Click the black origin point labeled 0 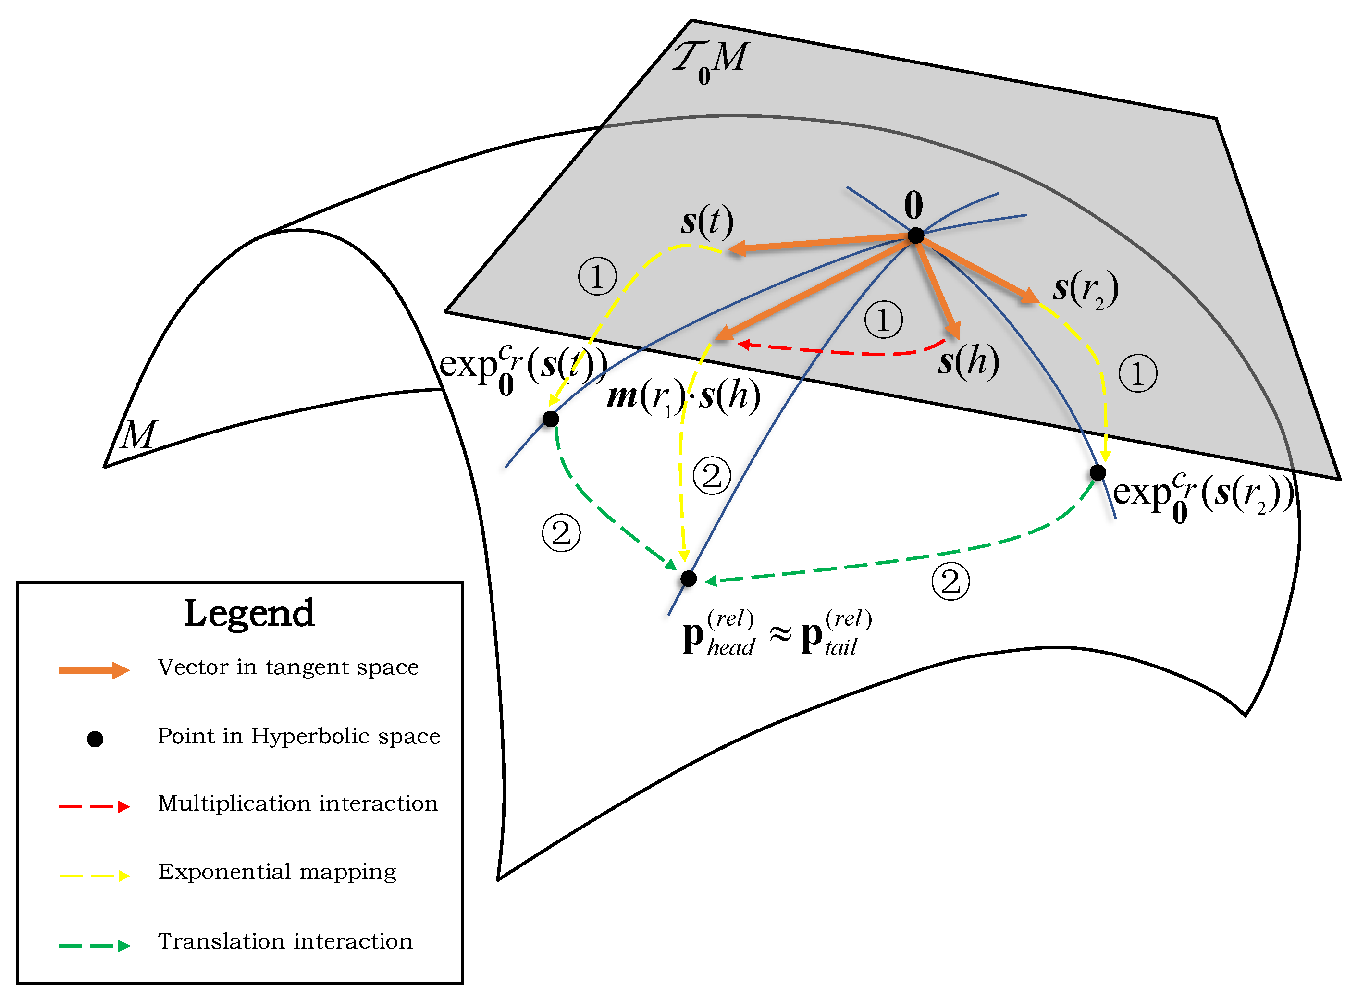[x=915, y=235]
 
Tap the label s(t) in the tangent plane [x=706, y=222]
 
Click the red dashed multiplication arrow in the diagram [x=842, y=351]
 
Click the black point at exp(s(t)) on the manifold [x=550, y=419]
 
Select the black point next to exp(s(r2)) [x=1097, y=472]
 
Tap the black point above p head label [x=688, y=579]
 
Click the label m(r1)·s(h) [x=683, y=397]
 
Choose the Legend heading [x=249, y=614]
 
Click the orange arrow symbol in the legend [x=94, y=670]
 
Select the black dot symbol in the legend [x=95, y=739]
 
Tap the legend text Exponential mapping [x=277, y=872]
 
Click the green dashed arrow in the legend [x=94, y=945]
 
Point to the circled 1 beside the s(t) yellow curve [x=597, y=276]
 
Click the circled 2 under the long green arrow [x=950, y=581]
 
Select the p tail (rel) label [x=836, y=634]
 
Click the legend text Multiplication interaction [x=297, y=803]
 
